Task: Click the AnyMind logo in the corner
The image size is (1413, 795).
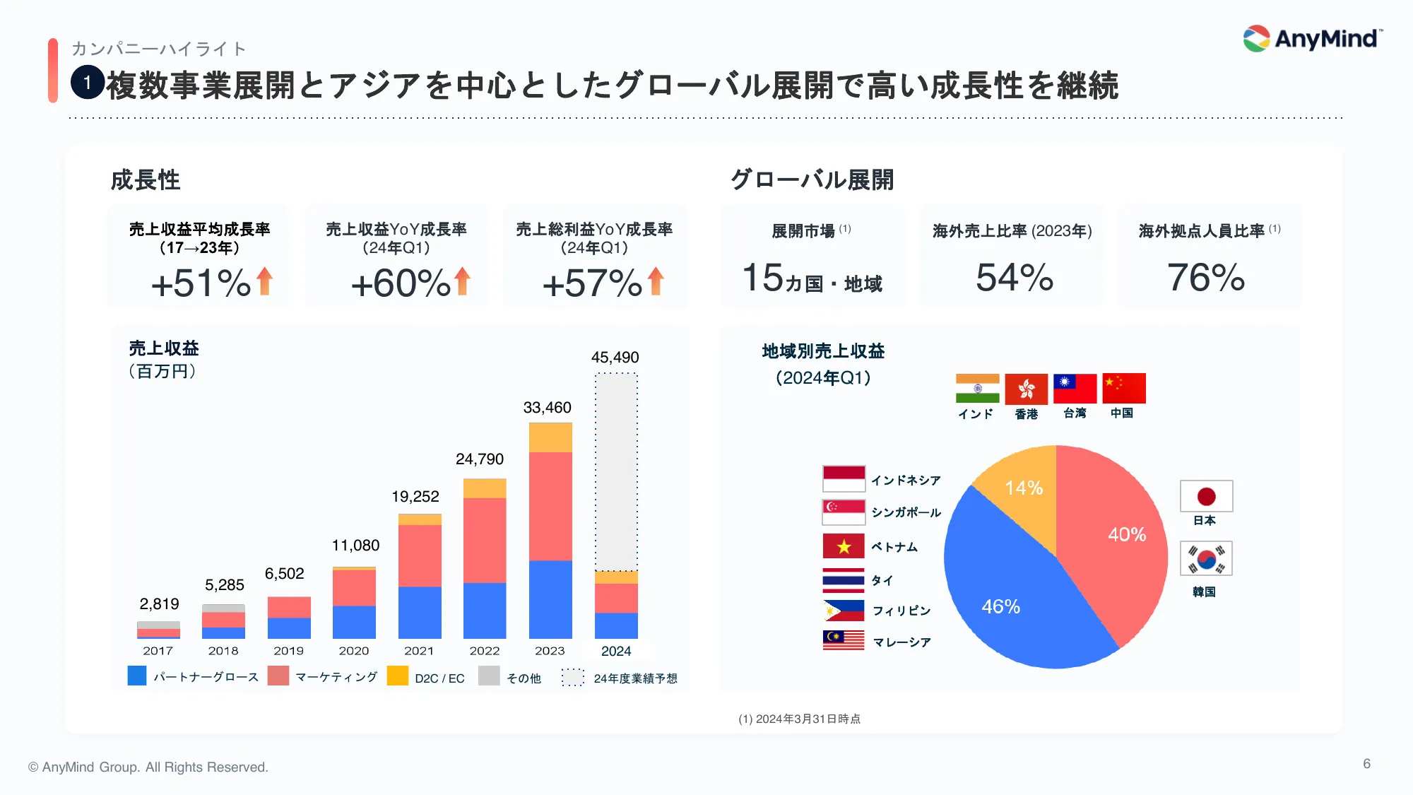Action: pyautogui.click(x=1312, y=39)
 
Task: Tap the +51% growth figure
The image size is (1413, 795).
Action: pyautogui.click(x=201, y=283)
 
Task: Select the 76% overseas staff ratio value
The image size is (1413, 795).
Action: pyautogui.click(x=1206, y=278)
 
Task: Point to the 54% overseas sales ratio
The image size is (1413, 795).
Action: pyautogui.click(x=1015, y=278)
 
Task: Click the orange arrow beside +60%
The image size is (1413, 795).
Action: pyautogui.click(x=463, y=281)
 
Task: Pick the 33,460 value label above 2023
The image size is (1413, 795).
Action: pyautogui.click(x=547, y=408)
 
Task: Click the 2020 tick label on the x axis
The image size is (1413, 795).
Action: pyautogui.click(x=354, y=651)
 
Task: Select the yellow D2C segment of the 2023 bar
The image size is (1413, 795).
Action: pyautogui.click(x=550, y=437)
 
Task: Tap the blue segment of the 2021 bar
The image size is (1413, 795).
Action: pyautogui.click(x=420, y=613)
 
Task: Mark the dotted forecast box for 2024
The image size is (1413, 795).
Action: pyautogui.click(x=616, y=471)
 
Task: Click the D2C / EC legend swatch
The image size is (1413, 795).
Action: pyautogui.click(x=398, y=676)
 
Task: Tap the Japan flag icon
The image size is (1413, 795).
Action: pyautogui.click(x=1206, y=496)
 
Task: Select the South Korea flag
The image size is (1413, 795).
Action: pyautogui.click(x=1206, y=558)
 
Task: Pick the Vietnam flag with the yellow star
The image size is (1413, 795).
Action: pyautogui.click(x=844, y=546)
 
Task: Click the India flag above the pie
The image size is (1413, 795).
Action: pyautogui.click(x=977, y=388)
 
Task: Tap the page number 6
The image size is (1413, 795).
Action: pyautogui.click(x=1367, y=764)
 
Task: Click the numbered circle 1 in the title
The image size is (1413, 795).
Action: pyautogui.click(x=88, y=83)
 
